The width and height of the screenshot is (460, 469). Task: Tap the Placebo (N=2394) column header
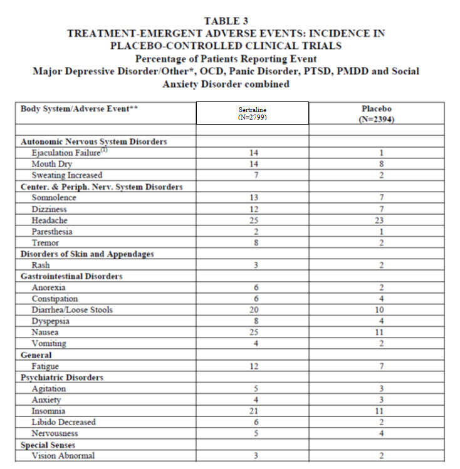pyautogui.click(x=381, y=113)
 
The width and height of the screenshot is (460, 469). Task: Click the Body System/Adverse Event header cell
pyautogui.click(x=79, y=108)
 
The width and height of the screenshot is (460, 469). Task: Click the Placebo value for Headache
pyautogui.click(x=381, y=220)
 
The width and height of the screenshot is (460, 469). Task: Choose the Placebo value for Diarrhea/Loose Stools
pyautogui.click(x=381, y=310)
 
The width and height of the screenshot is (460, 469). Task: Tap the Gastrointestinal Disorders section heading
pyautogui.click(x=71, y=276)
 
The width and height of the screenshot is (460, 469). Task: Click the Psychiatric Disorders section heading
pyautogui.click(x=62, y=378)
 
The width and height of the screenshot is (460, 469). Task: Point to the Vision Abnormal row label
pyautogui.click(x=63, y=456)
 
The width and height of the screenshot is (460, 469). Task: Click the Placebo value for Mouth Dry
pyautogui.click(x=381, y=164)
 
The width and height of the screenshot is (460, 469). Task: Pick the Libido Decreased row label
pyautogui.click(x=63, y=422)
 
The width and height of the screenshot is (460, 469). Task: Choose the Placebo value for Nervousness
pyautogui.click(x=381, y=433)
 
